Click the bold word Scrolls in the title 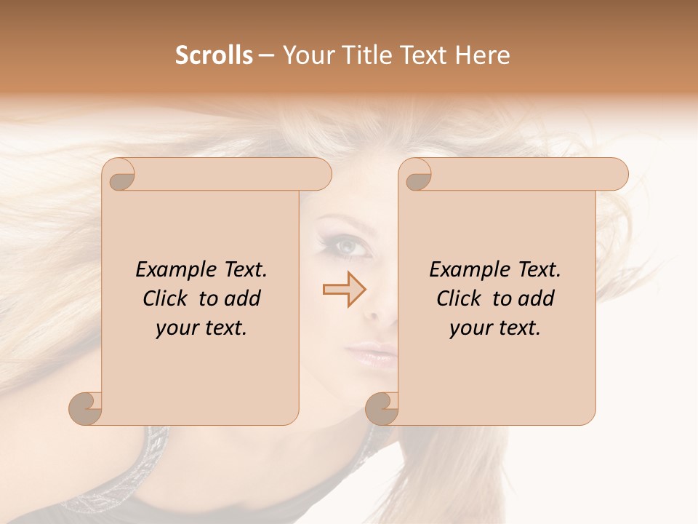tap(214, 55)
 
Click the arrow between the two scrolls tap(345, 290)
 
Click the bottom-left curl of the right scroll tap(383, 408)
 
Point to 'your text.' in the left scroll tap(201, 329)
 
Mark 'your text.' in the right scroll tap(495, 329)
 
